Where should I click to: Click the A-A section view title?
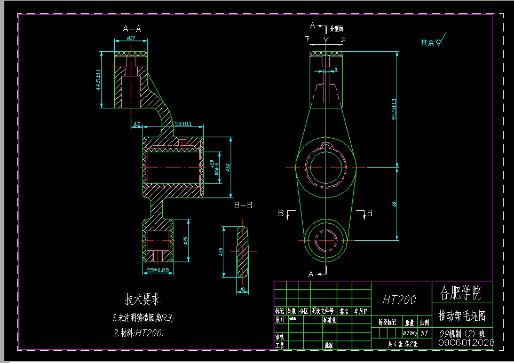point(132,29)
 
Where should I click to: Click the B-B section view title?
point(243,204)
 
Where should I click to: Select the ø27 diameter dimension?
point(131,39)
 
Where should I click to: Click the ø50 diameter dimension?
point(227,167)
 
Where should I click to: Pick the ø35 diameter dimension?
point(186,240)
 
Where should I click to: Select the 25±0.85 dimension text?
point(157,271)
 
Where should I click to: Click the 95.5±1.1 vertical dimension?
point(394,109)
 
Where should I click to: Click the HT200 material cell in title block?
point(399,299)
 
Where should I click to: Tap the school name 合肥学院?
point(460,293)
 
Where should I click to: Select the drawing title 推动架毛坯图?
point(462,315)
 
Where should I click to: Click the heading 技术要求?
point(144,298)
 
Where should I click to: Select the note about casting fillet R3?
point(143,317)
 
